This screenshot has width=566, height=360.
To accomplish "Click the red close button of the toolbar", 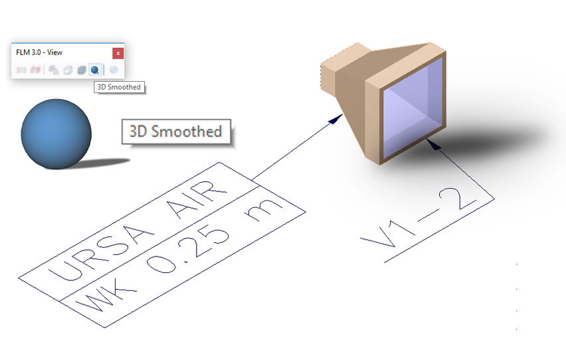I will point(118,52).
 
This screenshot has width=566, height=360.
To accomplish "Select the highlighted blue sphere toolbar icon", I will point(96,69).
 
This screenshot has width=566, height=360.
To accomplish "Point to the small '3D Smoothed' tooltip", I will point(118,87).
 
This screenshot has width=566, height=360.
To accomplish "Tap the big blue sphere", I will point(55,134).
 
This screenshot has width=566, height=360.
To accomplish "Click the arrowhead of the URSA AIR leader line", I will point(338,118).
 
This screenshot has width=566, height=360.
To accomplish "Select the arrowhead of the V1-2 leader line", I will point(435,143).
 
